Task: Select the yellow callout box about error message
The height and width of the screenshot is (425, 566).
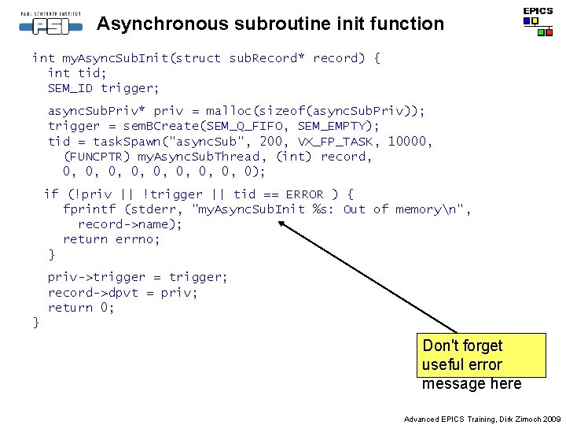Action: click(482, 364)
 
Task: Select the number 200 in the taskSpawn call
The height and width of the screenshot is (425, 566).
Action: click(271, 142)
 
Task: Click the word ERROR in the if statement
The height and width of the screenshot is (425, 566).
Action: click(304, 194)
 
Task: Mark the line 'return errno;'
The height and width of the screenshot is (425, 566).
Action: click(112, 239)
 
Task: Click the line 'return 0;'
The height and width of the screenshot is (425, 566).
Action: click(81, 308)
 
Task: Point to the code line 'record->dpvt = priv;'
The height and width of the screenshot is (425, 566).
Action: click(123, 293)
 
